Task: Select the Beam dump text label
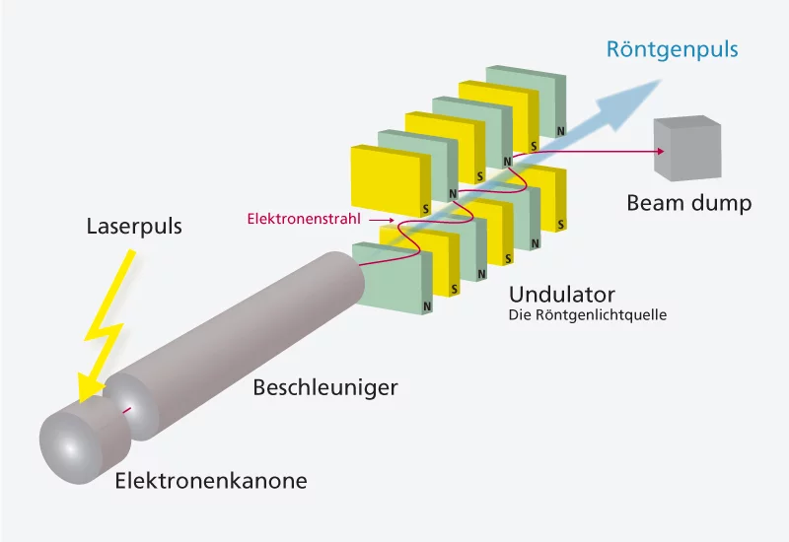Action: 688,204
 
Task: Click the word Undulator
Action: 562,294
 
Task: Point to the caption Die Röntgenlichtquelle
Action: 588,316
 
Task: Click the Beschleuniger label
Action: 325,387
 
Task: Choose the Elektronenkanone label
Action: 211,481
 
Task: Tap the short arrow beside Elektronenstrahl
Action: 380,219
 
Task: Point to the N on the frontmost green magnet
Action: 427,306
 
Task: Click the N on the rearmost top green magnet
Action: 560,131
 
